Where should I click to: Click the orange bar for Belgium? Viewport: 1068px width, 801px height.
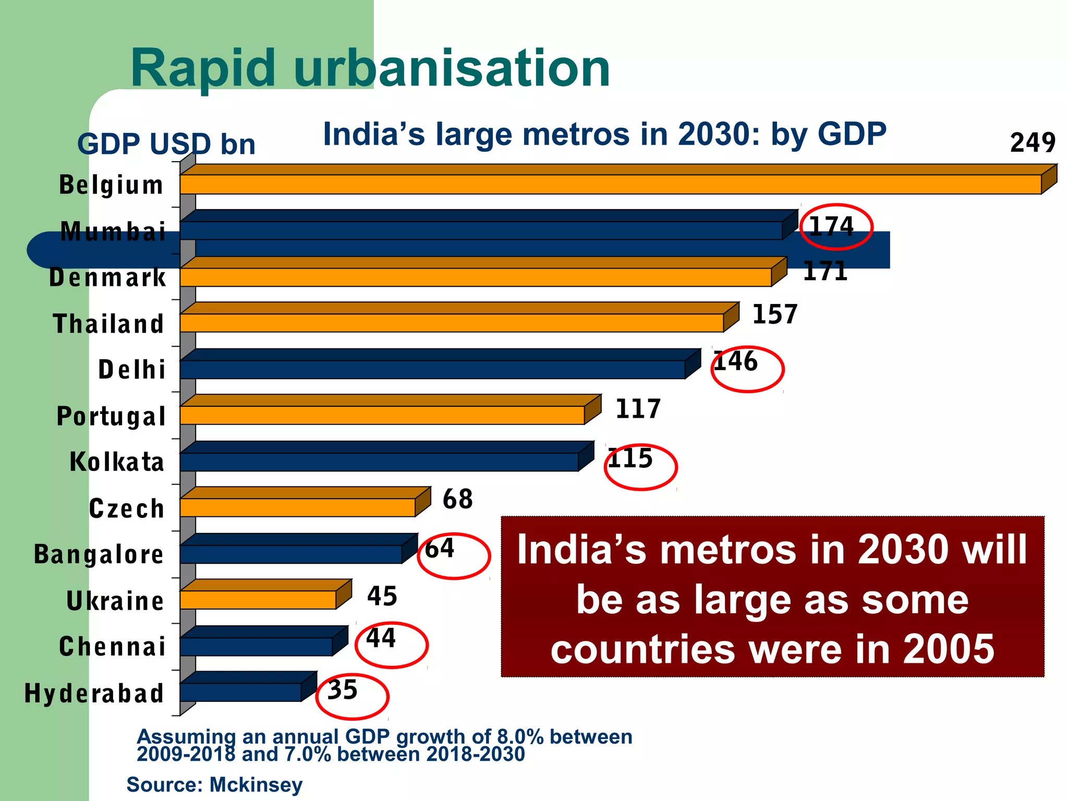(610, 185)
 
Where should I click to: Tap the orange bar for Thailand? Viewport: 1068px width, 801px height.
(451, 323)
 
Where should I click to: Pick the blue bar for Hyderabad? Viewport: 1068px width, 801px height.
(240, 692)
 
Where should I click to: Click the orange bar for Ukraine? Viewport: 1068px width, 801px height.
(258, 600)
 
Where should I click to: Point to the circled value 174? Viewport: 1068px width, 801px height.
(831, 227)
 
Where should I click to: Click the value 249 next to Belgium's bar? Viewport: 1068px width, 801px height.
(1033, 142)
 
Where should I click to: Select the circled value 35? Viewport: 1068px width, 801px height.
(343, 690)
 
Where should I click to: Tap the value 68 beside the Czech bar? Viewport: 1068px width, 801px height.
(457, 499)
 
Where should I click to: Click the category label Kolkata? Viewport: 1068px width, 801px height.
(117, 462)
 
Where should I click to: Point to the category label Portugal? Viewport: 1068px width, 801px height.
(111, 416)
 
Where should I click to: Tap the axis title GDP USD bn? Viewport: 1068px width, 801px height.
(166, 144)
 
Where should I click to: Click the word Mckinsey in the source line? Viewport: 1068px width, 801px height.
(256, 784)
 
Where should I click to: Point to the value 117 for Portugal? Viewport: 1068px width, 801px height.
(638, 409)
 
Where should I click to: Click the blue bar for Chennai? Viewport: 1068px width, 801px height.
(256, 646)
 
